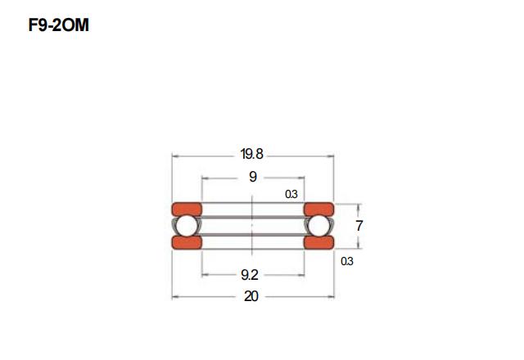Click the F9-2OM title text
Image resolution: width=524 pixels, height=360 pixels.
[59, 25]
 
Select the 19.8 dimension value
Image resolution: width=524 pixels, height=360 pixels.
[251, 154]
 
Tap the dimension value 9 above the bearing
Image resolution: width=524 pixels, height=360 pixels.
[253, 177]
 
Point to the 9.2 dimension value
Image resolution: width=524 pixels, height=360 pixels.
[250, 275]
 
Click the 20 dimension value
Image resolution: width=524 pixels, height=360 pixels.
[251, 296]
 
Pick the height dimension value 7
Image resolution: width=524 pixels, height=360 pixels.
[359, 226]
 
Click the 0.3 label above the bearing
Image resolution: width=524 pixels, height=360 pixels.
[291, 194]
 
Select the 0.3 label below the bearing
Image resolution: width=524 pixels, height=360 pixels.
[347, 261]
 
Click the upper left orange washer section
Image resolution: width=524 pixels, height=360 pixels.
[187, 209]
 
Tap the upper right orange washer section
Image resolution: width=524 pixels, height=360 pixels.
[318, 209]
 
